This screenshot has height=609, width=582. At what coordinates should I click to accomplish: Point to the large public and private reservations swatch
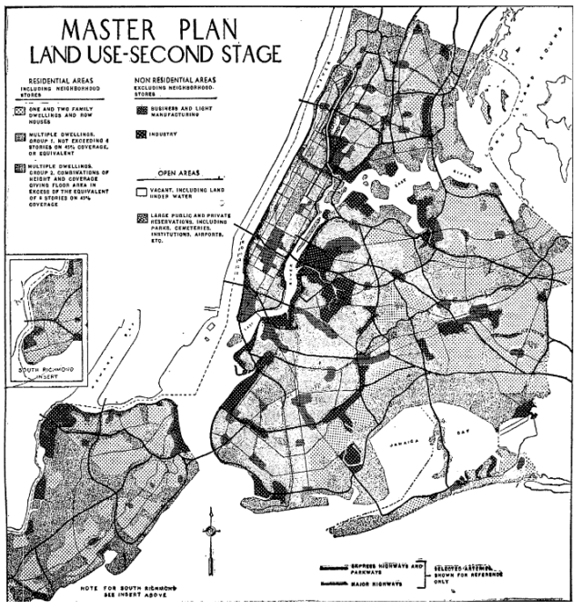[140, 218]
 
